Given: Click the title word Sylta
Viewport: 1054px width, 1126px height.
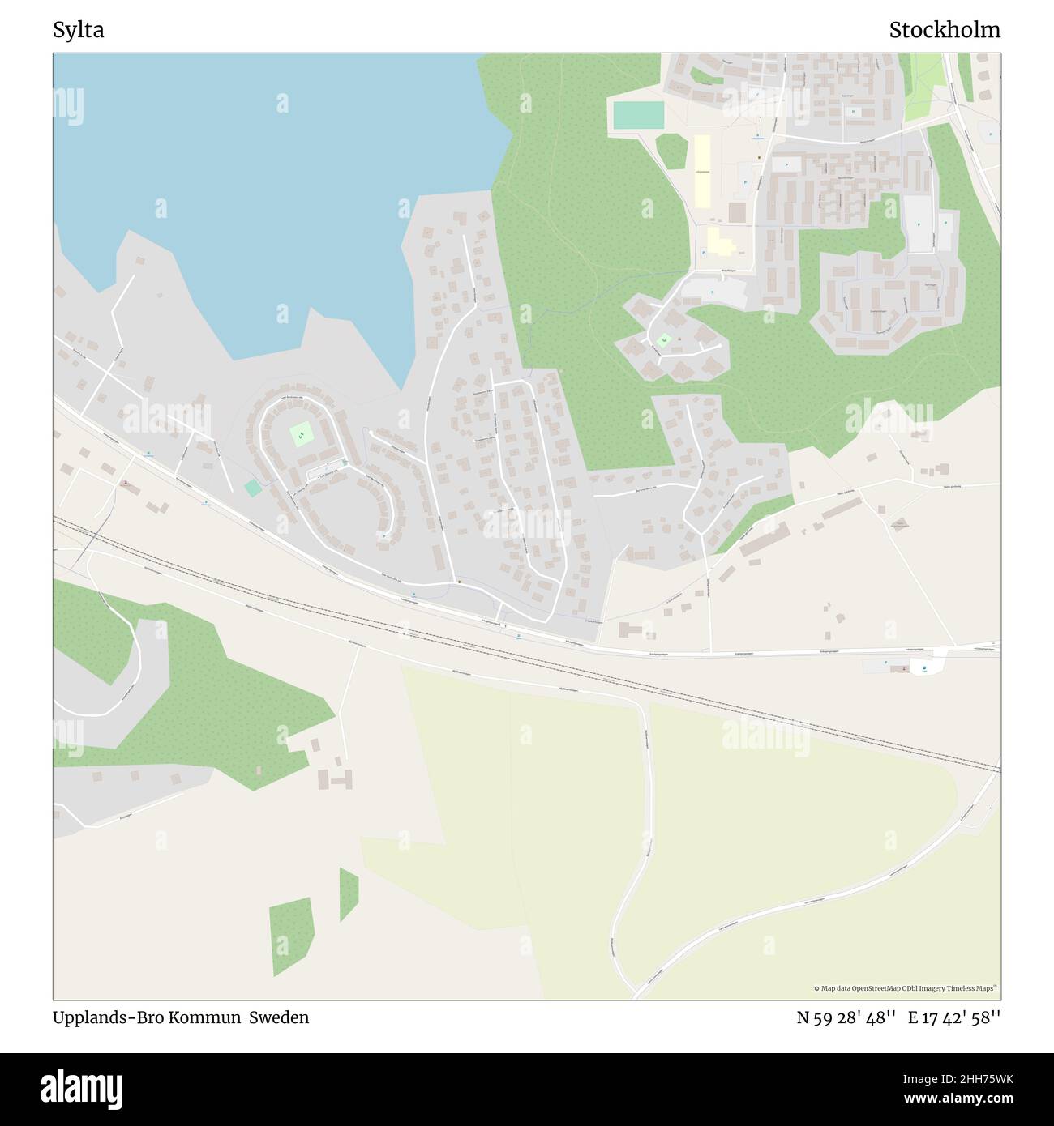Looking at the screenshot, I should [78, 31].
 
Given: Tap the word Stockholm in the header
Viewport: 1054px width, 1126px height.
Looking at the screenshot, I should [944, 31].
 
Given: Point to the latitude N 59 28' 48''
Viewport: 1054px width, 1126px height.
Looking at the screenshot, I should [846, 1017].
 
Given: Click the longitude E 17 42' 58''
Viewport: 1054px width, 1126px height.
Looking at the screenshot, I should [954, 1017].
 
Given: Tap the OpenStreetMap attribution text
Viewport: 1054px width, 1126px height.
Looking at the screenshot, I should [905, 988].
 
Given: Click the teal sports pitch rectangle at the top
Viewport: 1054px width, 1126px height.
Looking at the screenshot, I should [639, 115].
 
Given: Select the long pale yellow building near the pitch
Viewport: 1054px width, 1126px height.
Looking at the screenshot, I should [701, 169].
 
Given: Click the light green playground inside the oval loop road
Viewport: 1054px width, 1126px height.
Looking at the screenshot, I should [301, 436].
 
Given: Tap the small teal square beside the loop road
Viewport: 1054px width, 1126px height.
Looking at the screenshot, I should [253, 488].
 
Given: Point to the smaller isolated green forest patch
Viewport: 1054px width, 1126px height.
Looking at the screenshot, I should [349, 894].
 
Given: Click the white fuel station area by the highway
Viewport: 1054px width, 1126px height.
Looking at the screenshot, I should [924, 667].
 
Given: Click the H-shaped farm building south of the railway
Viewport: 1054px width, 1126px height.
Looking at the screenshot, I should [336, 778].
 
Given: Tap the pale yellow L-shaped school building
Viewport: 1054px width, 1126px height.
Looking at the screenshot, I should [718, 241].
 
